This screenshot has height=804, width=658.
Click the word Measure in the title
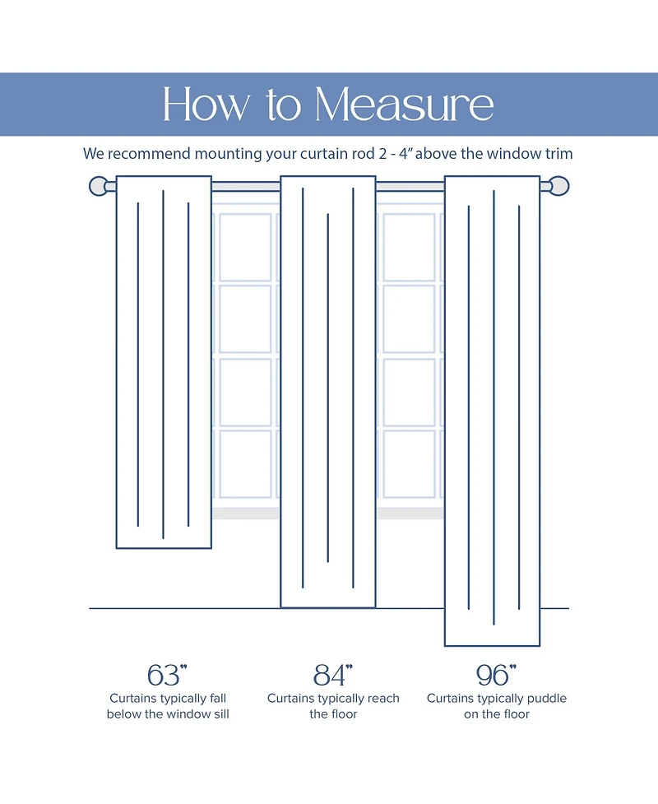[x=405, y=105]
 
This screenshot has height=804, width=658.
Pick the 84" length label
[x=332, y=675]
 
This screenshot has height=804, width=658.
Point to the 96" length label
[x=496, y=675]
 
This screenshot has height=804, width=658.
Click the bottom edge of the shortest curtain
[x=164, y=548]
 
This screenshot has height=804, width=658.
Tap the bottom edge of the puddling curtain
[x=492, y=645]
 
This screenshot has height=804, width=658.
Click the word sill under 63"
[x=218, y=714]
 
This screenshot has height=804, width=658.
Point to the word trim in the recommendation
[x=557, y=154]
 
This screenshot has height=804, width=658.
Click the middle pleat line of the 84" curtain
[x=327, y=387]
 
